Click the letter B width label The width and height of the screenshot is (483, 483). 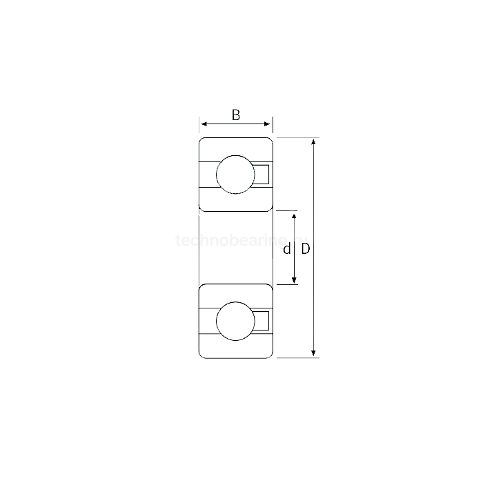coord(236,115)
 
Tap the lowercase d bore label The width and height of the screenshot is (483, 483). coord(286,248)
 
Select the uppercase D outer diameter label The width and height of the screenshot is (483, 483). coord(305,248)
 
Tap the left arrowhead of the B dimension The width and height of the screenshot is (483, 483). coord(204,125)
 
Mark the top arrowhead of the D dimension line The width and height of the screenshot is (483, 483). coord(315,141)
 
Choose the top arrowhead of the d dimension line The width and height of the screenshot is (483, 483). coord(295,215)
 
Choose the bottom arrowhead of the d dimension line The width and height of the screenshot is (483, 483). coord(295,280)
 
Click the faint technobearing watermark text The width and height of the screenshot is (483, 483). coord(235,241)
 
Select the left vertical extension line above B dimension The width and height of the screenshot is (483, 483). coord(199,125)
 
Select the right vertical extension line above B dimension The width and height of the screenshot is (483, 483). coord(273,125)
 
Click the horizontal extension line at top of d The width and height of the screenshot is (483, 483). coord(286,210)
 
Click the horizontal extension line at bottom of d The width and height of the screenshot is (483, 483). coord(286,284)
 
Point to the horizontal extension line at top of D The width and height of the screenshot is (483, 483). coord(297,137)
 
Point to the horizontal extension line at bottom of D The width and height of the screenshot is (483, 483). coord(297,358)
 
